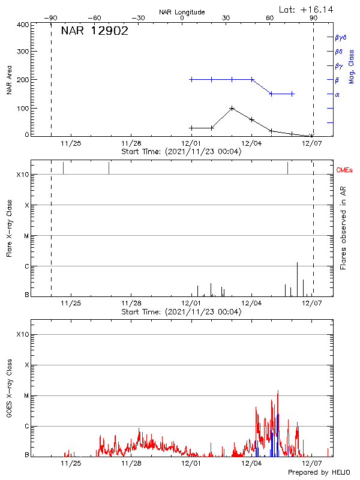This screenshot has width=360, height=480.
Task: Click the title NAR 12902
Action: pos(94,32)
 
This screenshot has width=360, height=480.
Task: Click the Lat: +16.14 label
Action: pos(307,9)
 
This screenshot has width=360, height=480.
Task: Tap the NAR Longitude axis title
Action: pos(182,12)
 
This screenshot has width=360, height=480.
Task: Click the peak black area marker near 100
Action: pos(232,109)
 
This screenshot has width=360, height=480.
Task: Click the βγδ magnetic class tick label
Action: pos(340,37)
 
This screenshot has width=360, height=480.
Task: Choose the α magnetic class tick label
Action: pos(337,94)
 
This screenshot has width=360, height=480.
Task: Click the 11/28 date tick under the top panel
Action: pos(131,144)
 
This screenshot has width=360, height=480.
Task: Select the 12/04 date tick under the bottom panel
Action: pos(251,463)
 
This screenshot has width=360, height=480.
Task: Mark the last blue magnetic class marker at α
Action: pos(292,94)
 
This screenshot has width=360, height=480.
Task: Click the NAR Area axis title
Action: pos(9,81)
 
